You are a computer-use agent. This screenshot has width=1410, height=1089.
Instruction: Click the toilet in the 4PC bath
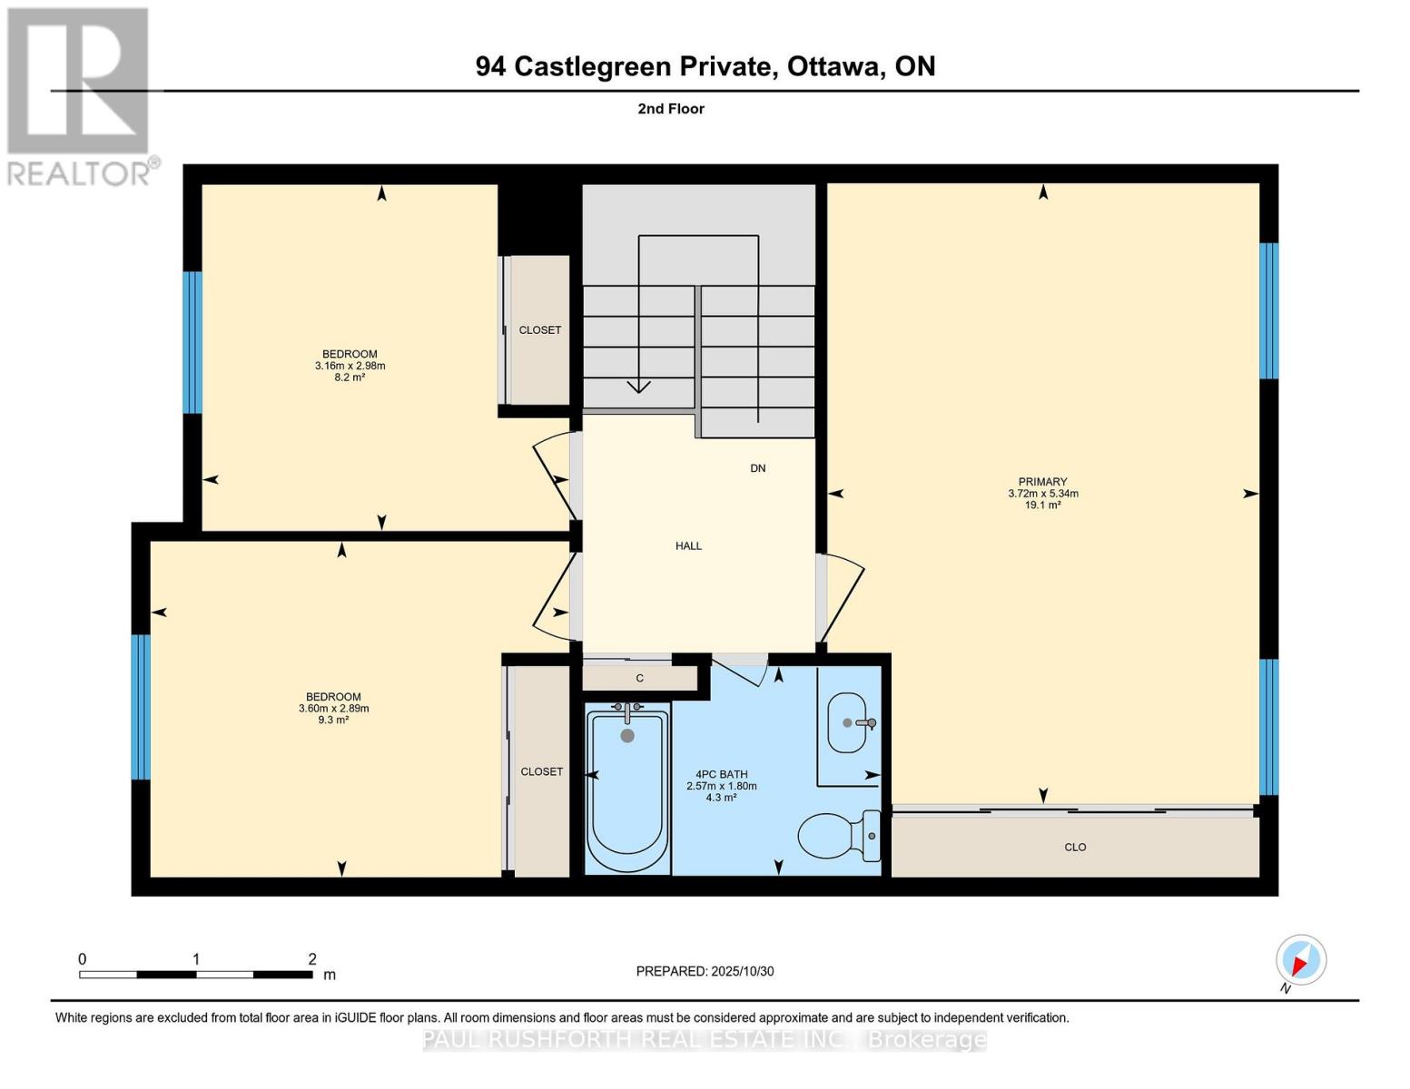pos(840,835)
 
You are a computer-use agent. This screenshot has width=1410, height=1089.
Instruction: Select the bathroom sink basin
pos(848,723)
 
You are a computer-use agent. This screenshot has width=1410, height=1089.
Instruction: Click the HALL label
pos(688,546)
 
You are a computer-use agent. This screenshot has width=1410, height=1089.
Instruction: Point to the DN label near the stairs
pos(757,468)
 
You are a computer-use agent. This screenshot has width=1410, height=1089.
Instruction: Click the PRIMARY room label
pos(1042,482)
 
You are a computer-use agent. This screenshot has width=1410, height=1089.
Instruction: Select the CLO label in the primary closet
pos(1075,848)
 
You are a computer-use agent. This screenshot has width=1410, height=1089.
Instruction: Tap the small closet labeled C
pos(639,678)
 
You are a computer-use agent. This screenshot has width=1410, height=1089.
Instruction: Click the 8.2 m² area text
pos(350,378)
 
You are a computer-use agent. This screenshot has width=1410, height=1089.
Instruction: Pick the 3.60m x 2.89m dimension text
pos(333,709)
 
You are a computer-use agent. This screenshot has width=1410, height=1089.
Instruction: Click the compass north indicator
pos(1301,960)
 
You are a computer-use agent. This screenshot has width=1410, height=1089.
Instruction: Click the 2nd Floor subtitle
pos(671,109)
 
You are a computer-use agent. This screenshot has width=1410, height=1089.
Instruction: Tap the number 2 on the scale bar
pos(312,959)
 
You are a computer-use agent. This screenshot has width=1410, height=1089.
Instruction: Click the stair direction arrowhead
pos(639,387)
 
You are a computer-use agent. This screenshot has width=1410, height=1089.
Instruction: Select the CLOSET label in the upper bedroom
pos(540,330)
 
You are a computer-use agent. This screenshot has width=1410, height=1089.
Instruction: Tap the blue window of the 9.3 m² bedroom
pos(141,707)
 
